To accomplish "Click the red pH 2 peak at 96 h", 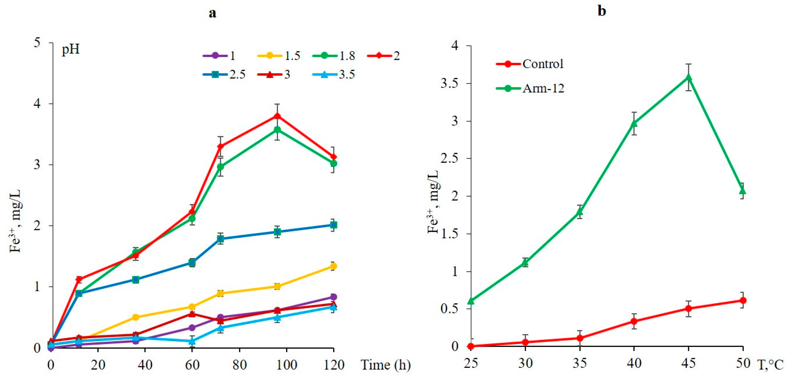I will click(277, 116).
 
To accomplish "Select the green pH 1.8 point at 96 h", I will click(277, 130).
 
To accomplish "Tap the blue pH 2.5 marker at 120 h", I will click(333, 225).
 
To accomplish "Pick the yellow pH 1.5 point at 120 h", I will click(333, 266).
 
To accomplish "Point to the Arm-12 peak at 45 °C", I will click(689, 77).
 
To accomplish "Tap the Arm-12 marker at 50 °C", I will click(743, 191).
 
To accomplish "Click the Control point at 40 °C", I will click(634, 321).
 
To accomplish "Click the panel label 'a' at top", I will click(212, 13).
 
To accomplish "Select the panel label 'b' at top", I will click(602, 11).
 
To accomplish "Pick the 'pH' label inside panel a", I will click(71, 49).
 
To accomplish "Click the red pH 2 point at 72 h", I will click(221, 146).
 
